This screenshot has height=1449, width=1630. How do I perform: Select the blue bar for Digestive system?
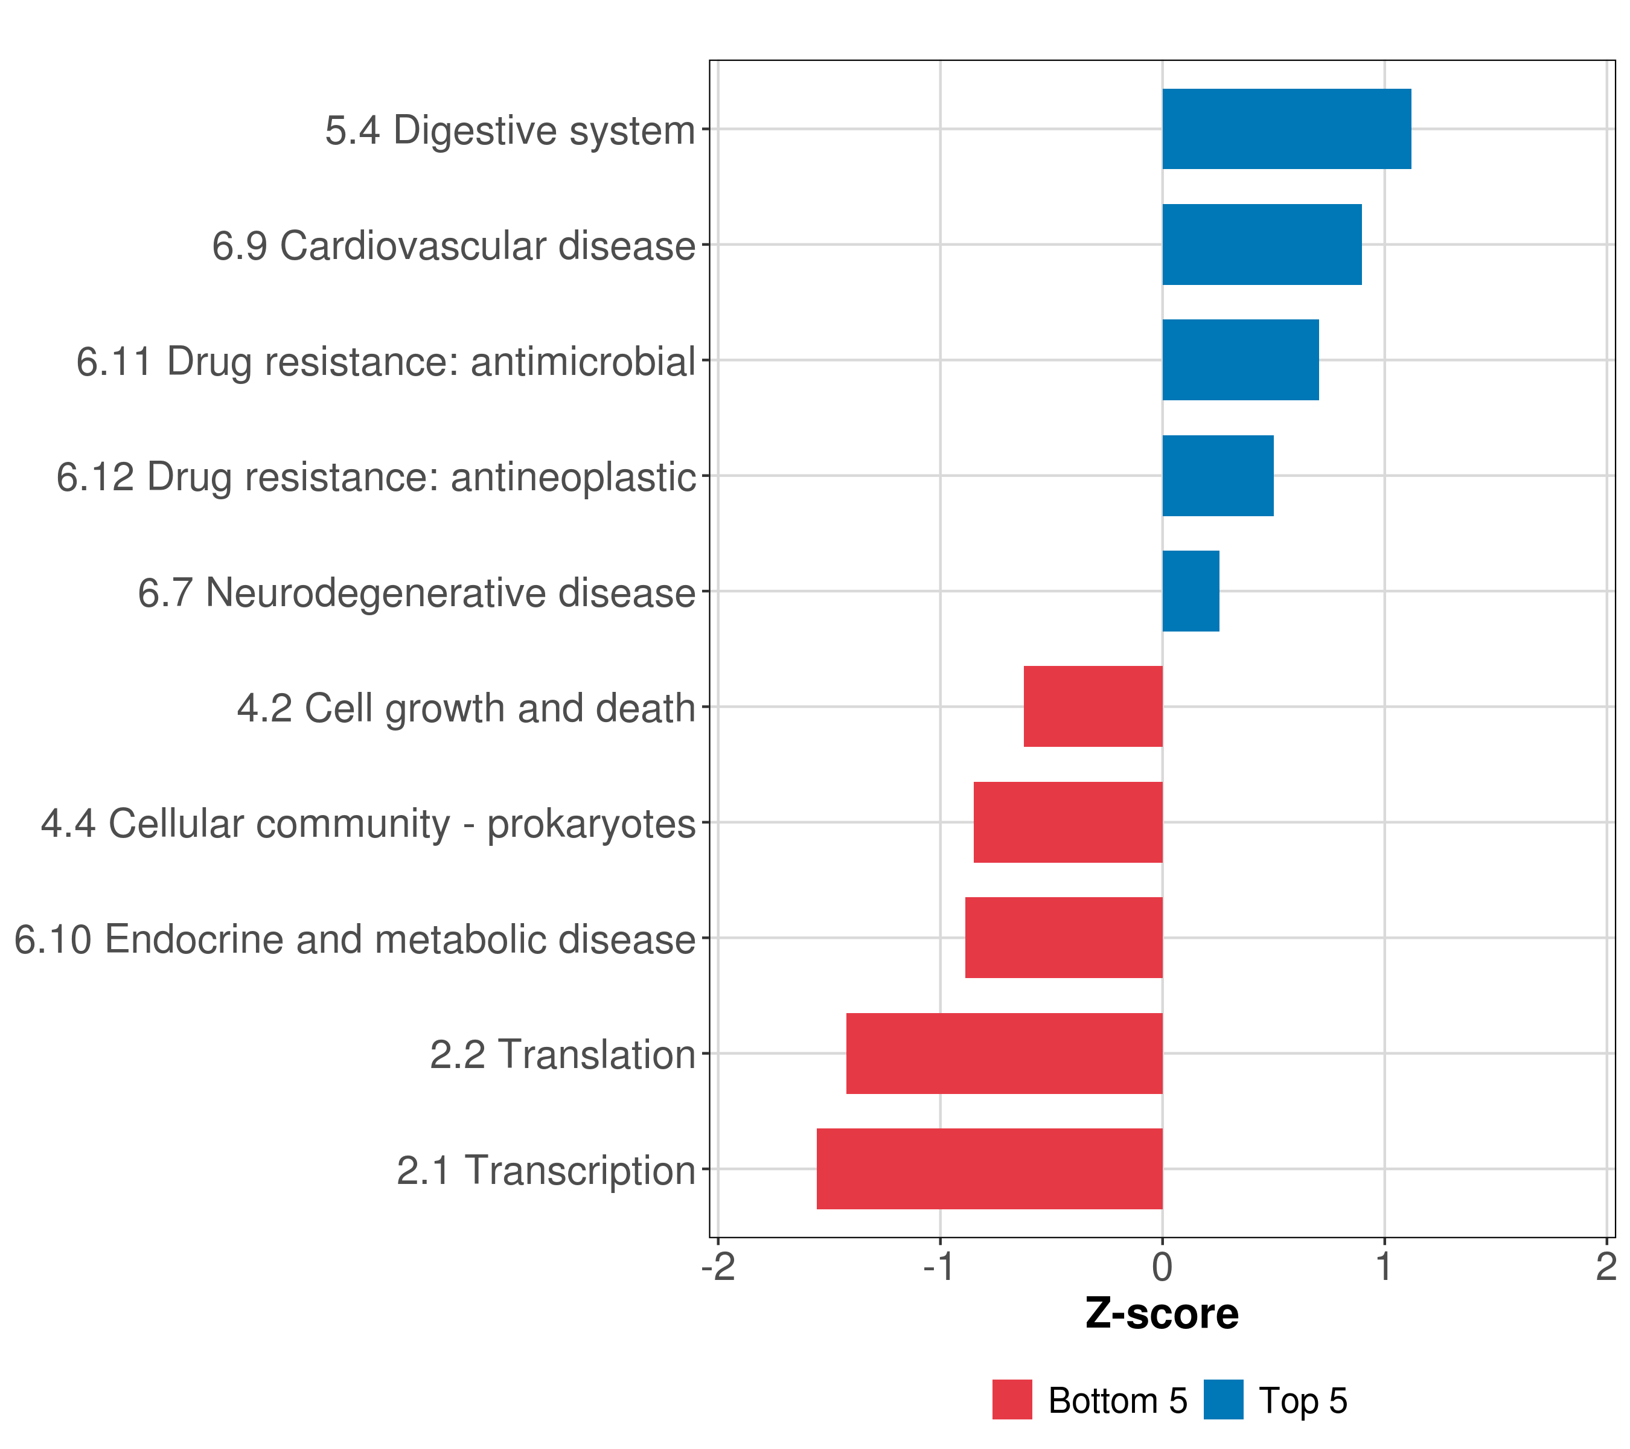(x=1286, y=129)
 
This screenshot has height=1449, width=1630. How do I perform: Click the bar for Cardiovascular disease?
(x=1262, y=245)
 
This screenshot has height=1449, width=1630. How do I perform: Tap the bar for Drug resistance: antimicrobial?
(x=1240, y=360)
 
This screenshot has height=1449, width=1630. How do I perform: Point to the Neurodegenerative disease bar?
(x=1191, y=591)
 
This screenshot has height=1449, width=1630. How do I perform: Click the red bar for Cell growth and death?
(x=1093, y=706)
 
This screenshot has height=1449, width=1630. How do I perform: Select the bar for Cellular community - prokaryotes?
(x=1068, y=822)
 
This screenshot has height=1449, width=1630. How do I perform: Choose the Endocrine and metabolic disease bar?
(x=1064, y=938)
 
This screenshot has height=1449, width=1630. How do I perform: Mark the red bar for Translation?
(x=1004, y=1054)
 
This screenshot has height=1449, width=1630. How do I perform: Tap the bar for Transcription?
(x=989, y=1169)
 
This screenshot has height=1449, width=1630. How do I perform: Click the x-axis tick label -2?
(x=718, y=1267)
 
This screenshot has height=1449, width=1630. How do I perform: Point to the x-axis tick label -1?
(x=939, y=1267)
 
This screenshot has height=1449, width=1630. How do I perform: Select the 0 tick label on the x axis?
(x=1162, y=1267)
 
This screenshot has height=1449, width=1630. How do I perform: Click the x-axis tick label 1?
(x=1384, y=1267)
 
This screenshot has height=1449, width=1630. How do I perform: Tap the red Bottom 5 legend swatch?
(x=1012, y=1399)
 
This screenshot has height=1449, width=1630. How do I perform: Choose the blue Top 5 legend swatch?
(x=1223, y=1399)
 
